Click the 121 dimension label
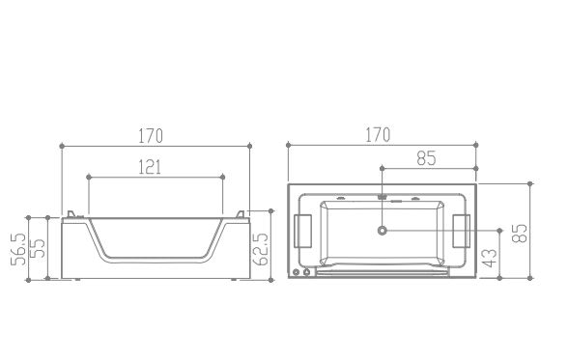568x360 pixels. pos(150,167)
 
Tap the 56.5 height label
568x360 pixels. pos(18,249)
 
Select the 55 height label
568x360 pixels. pos(38,248)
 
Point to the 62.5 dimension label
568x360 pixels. pos(261,249)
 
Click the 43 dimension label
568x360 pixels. pos(490,258)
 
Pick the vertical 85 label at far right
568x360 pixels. pos(520,233)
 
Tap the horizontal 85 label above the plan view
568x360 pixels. pos(426,158)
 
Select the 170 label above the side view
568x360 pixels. pos(151,136)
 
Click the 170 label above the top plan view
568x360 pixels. pos(378,135)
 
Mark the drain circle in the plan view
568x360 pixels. pos(383,231)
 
